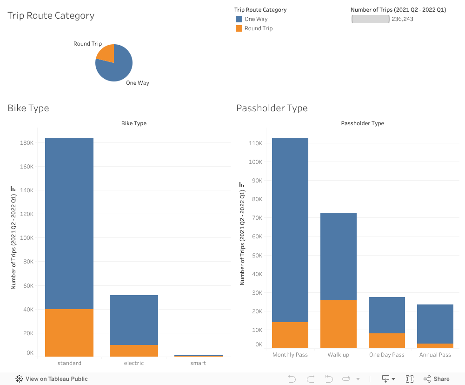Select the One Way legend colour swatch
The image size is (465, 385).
(239, 19)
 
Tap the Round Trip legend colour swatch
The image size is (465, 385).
(239, 28)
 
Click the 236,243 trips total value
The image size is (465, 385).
(402, 19)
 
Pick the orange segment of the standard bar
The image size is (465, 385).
(69, 332)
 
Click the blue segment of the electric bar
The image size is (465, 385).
(134, 320)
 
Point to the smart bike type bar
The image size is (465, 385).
(199, 356)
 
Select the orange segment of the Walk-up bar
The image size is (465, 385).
(339, 324)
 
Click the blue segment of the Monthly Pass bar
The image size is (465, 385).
(290, 230)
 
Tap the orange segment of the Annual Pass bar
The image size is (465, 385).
(435, 346)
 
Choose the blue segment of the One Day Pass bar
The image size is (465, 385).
(387, 315)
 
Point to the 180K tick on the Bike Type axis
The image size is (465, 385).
(27, 143)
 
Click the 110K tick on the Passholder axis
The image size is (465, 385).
(256, 143)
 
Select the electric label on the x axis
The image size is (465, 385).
(134, 363)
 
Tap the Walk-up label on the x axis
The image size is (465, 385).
(339, 355)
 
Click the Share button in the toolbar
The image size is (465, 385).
(437, 379)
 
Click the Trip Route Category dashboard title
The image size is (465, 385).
(51, 15)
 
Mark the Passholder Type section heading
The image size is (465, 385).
(272, 108)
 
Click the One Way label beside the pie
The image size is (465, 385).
(138, 83)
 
